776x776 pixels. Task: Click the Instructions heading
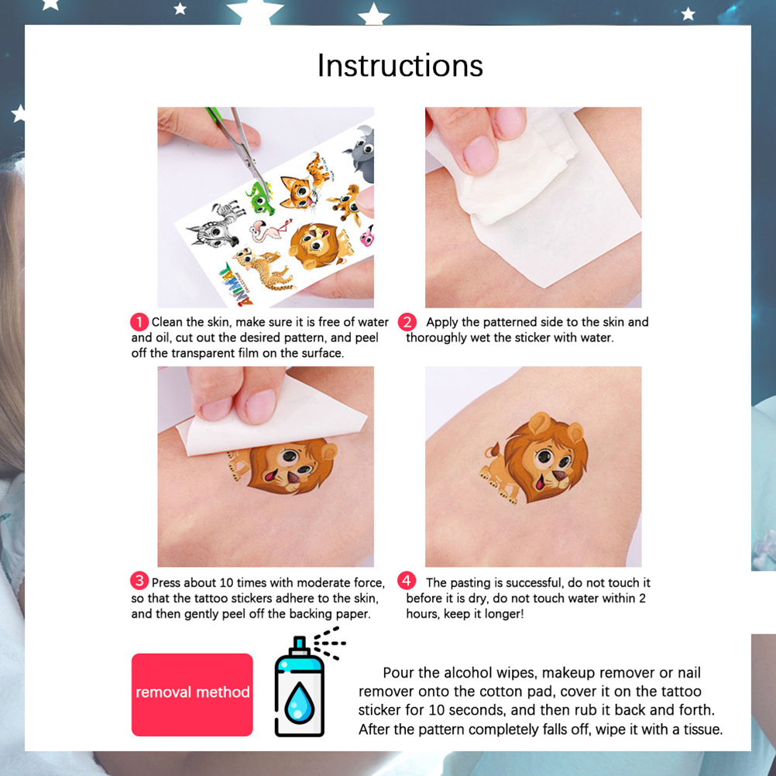click(x=400, y=65)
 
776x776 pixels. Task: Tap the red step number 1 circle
click(x=139, y=322)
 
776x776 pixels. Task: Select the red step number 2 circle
click(x=407, y=322)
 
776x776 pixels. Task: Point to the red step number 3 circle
click(x=139, y=581)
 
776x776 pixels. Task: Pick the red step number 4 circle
click(x=407, y=581)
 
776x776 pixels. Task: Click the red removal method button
click(x=192, y=695)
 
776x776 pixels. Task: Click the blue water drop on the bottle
click(x=300, y=702)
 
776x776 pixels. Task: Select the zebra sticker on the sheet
click(x=217, y=224)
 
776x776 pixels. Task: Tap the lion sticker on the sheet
click(x=320, y=246)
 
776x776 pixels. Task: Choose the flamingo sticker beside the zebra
click(x=270, y=230)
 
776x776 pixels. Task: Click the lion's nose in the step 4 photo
click(x=560, y=475)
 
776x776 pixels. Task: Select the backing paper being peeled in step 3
click(x=271, y=419)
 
